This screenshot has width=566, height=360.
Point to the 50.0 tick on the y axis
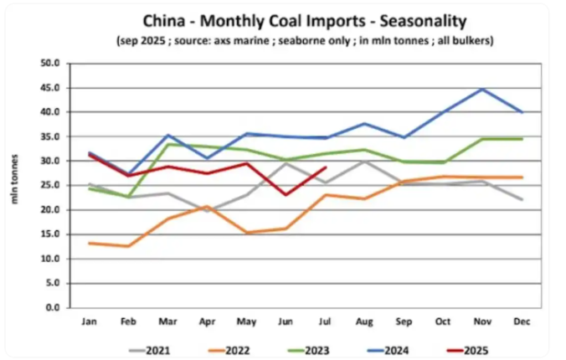(50, 63)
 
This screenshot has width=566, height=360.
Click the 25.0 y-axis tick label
(50, 185)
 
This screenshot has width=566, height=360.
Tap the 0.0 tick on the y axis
(53, 307)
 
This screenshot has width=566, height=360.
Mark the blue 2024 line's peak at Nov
(481, 89)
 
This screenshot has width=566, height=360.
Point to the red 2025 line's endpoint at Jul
(325, 167)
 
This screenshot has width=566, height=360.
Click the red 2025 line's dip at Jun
(286, 195)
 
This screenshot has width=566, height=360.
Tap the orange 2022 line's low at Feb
(127, 246)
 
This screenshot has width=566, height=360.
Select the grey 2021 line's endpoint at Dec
(521, 199)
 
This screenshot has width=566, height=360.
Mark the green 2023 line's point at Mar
(167, 144)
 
